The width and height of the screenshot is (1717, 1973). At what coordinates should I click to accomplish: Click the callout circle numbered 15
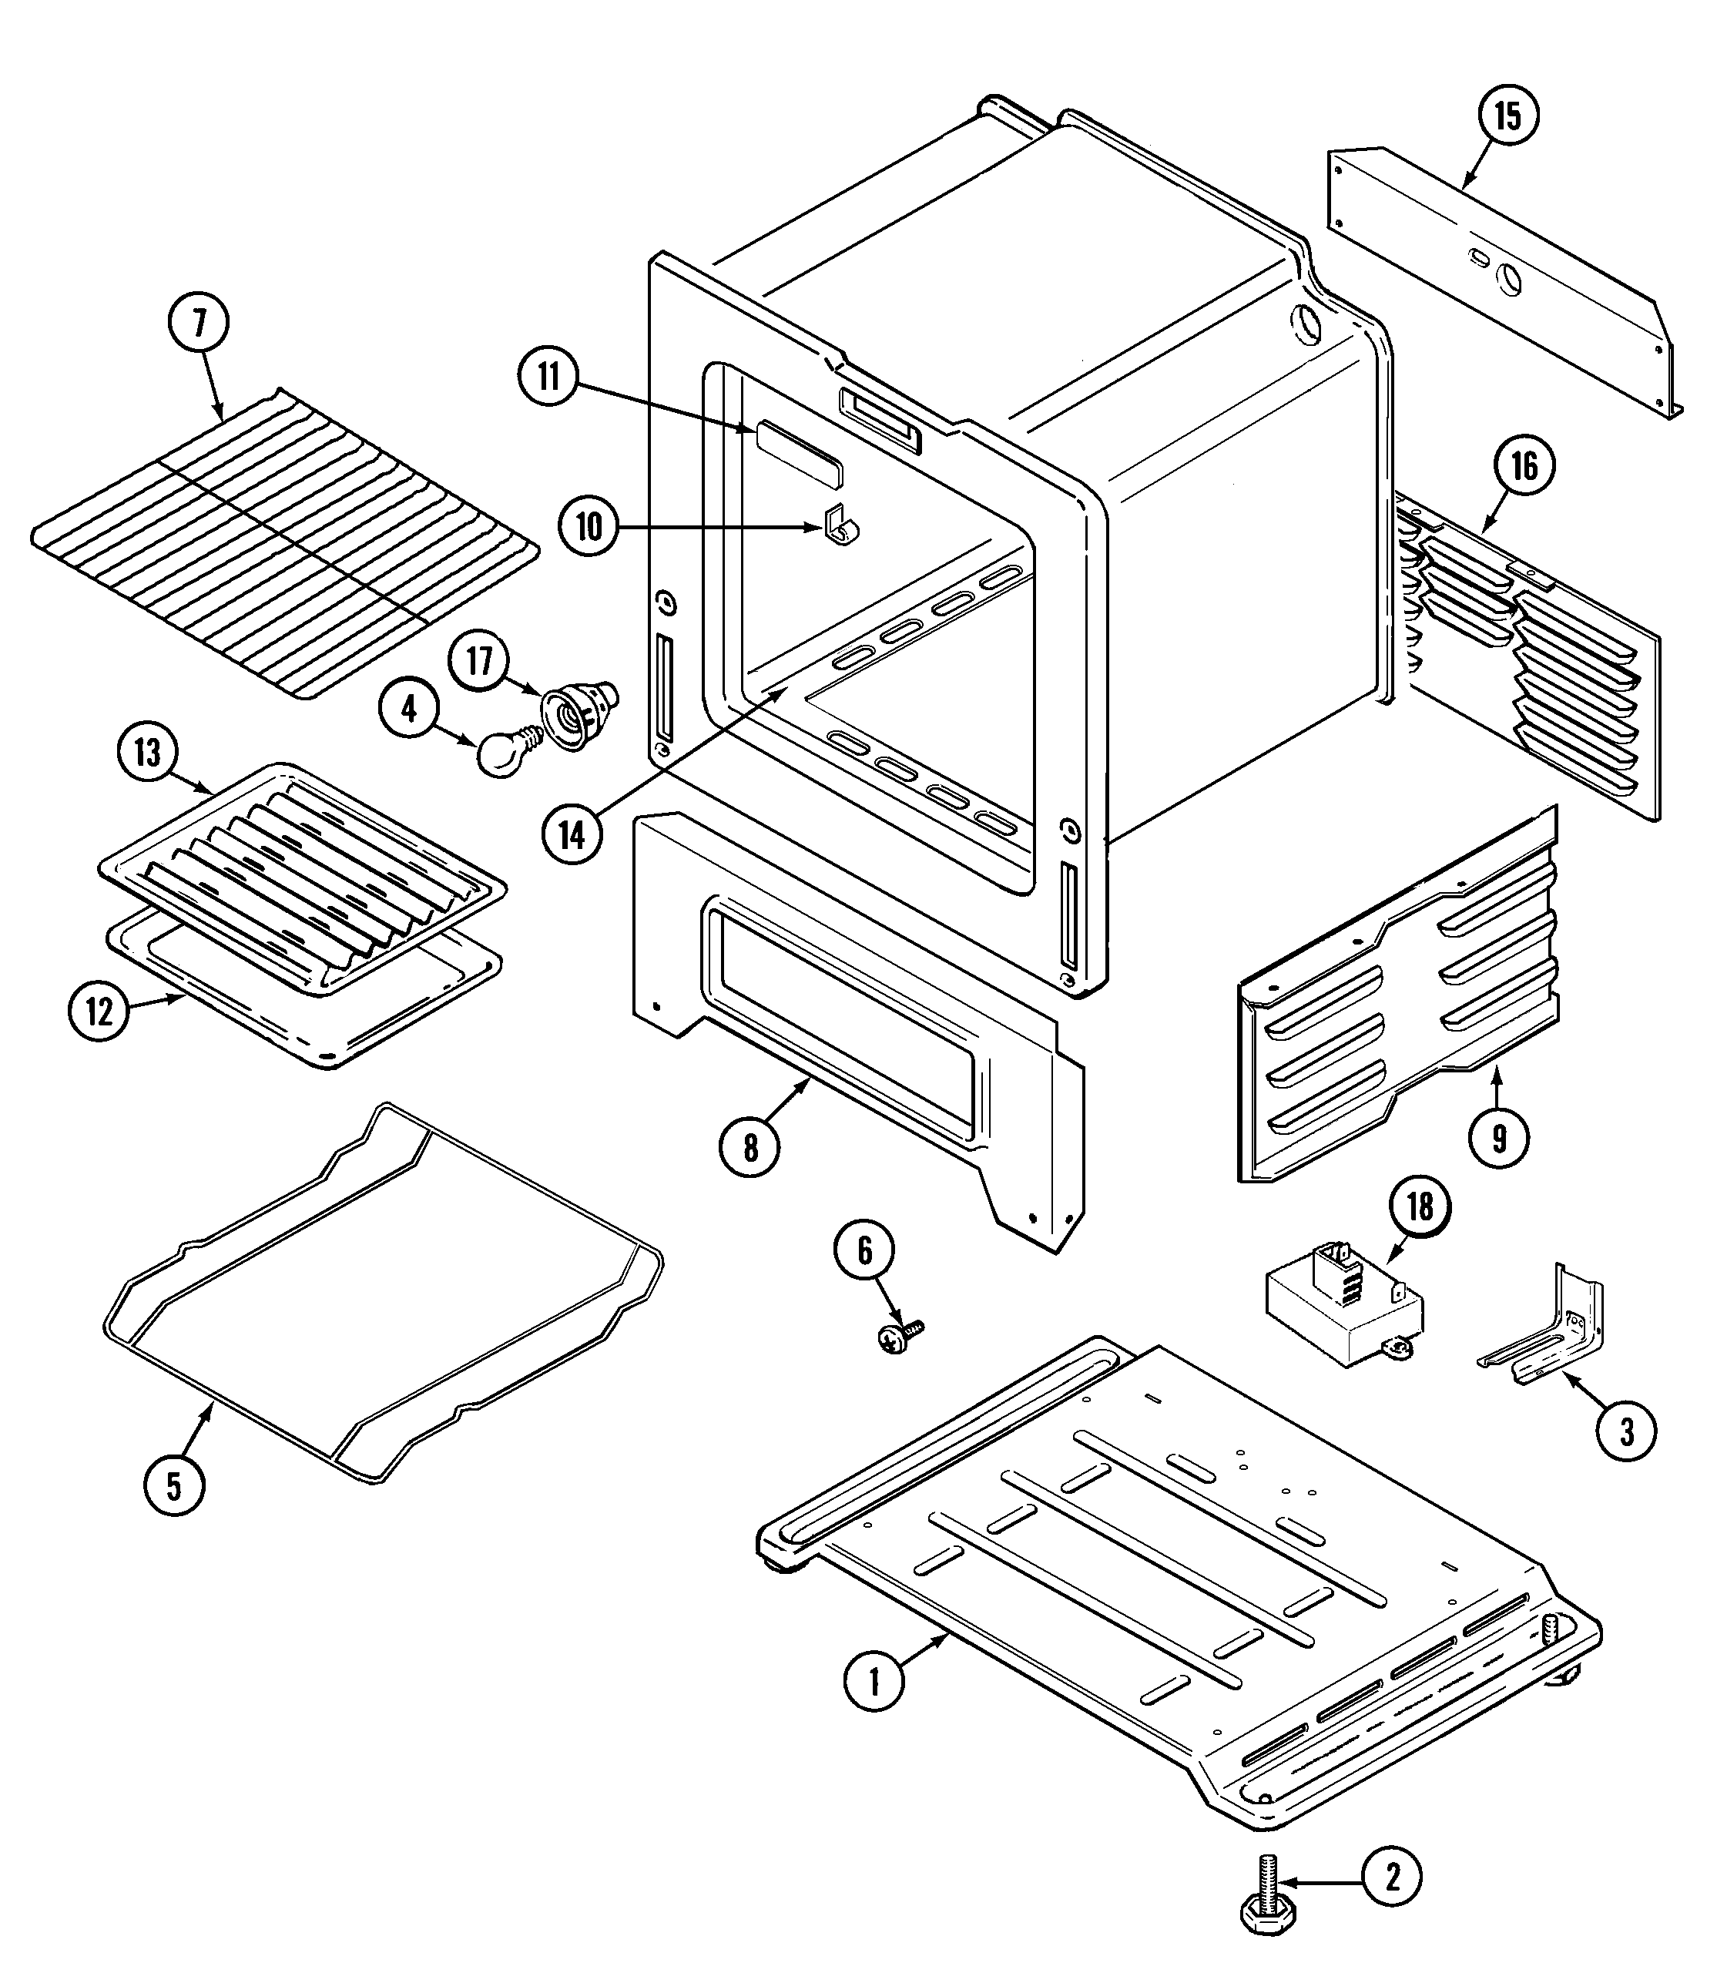[x=1507, y=116]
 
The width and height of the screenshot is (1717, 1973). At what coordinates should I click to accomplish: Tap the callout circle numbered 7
[x=200, y=323]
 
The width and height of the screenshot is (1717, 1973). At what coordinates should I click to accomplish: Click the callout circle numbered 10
[x=589, y=526]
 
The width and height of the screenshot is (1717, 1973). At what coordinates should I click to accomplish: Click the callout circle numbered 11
[x=548, y=377]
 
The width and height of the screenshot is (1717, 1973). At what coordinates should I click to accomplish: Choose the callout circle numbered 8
[x=750, y=1147]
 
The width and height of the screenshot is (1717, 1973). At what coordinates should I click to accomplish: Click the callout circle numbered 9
[x=1498, y=1139]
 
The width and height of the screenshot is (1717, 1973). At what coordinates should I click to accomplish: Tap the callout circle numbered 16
[x=1524, y=467]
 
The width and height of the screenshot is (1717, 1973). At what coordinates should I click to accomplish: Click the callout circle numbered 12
[x=99, y=1012]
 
